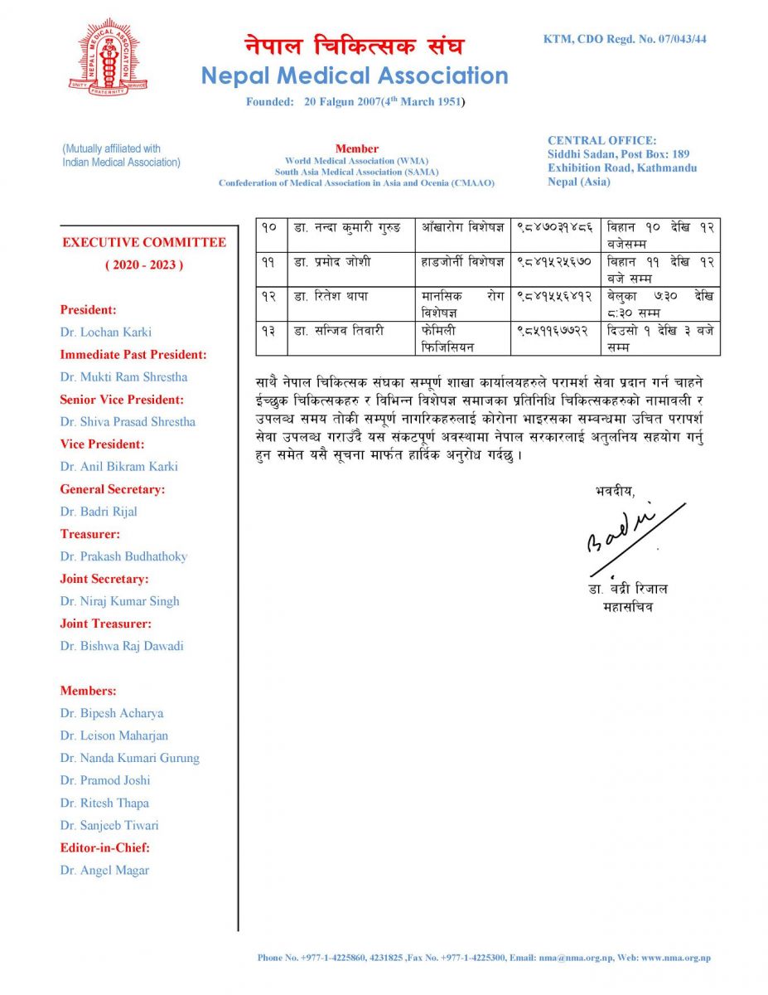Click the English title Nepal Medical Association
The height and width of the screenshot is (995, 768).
click(355, 75)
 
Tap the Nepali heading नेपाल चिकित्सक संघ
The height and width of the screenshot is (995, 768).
click(354, 45)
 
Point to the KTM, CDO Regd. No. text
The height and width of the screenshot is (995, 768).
click(625, 39)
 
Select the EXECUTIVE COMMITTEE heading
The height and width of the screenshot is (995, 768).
click(144, 243)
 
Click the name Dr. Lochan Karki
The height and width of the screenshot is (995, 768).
click(104, 332)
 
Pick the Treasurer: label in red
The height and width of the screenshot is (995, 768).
click(89, 534)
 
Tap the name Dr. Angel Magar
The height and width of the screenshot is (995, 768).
click(104, 870)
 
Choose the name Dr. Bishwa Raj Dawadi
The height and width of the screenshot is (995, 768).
click(122, 646)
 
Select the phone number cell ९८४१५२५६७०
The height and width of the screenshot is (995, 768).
click(553, 262)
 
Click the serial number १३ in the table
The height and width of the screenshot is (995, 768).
click(269, 331)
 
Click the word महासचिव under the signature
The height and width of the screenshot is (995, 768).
click(630, 607)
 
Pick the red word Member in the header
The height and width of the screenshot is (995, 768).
click(357, 148)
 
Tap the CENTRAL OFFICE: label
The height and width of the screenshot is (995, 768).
click(601, 141)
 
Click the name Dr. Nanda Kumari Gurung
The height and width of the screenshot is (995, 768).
click(129, 758)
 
